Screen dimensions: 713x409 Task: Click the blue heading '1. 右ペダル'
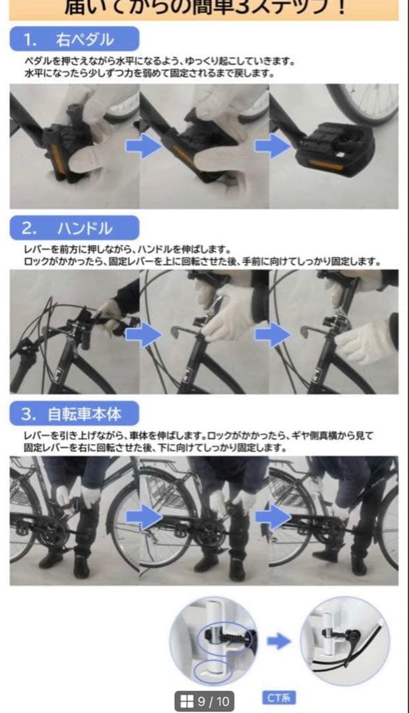tap(74, 40)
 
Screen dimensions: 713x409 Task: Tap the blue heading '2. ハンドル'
tap(74, 228)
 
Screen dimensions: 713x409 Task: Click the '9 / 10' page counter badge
tap(204, 700)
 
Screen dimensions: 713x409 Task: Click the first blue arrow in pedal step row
tap(143, 145)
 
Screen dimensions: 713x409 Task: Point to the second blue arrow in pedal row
tap(272, 145)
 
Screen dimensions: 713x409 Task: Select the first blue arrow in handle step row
tap(143, 335)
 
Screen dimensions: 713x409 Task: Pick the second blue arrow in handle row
tap(272, 335)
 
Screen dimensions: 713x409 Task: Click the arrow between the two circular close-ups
tap(279, 641)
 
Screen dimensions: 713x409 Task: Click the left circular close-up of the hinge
tap(214, 640)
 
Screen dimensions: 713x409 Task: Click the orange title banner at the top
tap(204, 9)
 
